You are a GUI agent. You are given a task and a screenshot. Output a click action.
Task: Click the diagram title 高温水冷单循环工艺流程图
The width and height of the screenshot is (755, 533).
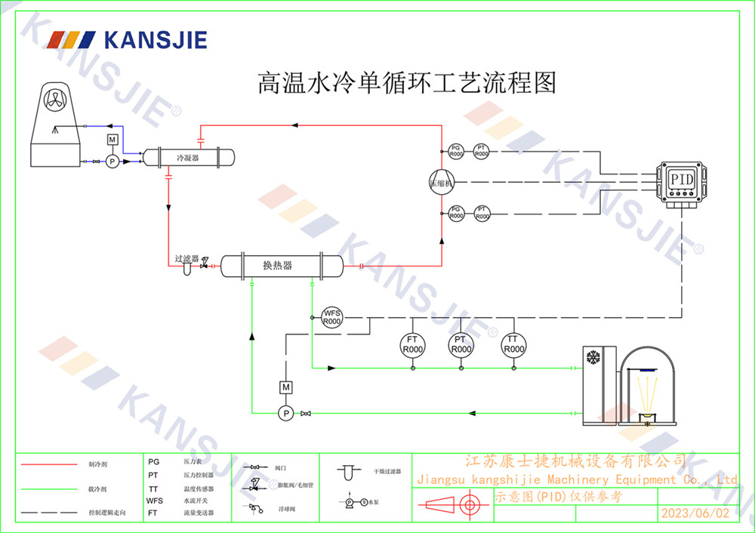407,82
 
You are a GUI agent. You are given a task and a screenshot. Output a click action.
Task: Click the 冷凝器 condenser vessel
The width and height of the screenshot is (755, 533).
188,158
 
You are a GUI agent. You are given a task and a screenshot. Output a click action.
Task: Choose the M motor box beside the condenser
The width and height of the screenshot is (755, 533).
112,140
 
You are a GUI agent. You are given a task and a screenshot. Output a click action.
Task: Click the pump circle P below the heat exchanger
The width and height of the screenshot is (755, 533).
285,413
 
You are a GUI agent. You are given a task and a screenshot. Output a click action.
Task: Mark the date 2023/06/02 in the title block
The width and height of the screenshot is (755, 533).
695,513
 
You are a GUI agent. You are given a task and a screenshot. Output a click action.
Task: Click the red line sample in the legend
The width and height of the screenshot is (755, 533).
48,464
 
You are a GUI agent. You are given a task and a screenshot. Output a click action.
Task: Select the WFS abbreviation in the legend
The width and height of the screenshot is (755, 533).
154,501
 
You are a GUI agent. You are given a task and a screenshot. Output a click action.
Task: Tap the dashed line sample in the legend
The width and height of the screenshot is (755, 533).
48,513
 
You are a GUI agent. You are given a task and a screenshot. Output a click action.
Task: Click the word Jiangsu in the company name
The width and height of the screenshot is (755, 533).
442,479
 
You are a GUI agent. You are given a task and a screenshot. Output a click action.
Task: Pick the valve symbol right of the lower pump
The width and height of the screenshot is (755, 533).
305,413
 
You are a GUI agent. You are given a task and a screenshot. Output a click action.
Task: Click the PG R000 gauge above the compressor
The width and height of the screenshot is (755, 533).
455,151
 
